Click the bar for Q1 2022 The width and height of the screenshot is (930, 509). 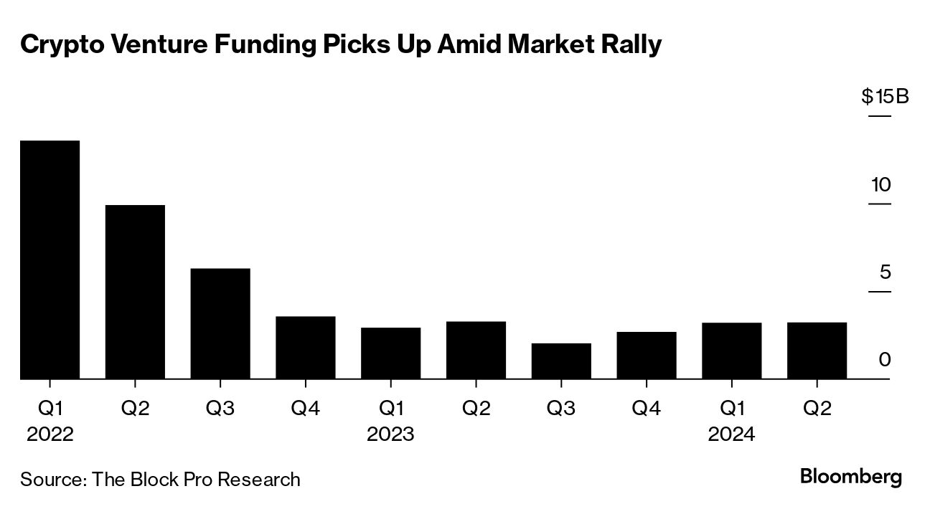50,260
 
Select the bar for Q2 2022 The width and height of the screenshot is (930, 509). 135,292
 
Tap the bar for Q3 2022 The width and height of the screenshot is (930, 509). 220,323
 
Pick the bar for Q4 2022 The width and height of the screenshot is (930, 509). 306,347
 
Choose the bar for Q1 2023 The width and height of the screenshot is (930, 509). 390,353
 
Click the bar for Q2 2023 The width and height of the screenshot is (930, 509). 476,350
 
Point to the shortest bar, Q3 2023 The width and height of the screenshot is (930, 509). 561,361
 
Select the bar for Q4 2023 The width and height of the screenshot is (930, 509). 646,355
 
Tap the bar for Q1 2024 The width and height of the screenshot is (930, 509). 731,351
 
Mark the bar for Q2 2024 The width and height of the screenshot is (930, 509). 817,351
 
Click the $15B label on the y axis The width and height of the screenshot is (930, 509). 885,96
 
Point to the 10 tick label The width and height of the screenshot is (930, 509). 880,185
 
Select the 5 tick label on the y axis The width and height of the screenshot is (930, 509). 885,272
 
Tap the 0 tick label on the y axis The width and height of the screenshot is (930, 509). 885,360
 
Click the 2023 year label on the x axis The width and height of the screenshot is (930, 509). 390,434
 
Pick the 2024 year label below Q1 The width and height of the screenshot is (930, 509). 731,434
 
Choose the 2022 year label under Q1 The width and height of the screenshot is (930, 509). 50,434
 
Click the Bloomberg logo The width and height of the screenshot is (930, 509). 850,477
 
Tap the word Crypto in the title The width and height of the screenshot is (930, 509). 59,45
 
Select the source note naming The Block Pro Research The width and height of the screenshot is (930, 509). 160,479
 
